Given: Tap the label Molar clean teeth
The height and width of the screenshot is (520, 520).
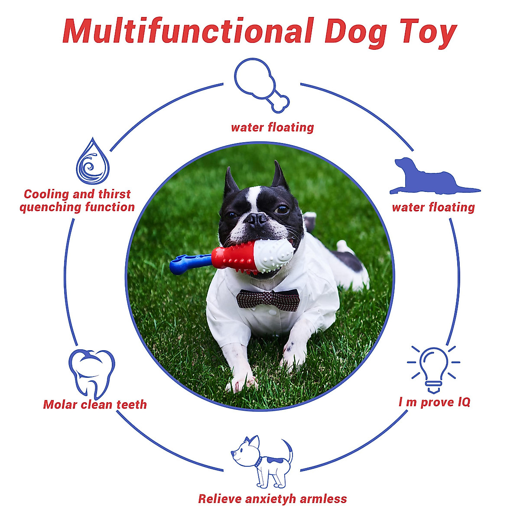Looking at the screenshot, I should [95, 405].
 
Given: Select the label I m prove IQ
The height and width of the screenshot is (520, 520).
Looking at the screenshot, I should [434, 403].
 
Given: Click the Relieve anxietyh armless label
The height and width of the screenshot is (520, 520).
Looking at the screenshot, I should [273, 499].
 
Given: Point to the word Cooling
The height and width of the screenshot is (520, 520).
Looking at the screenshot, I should [46, 194].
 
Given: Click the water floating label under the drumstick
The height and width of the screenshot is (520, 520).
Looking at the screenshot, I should [272, 127].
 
